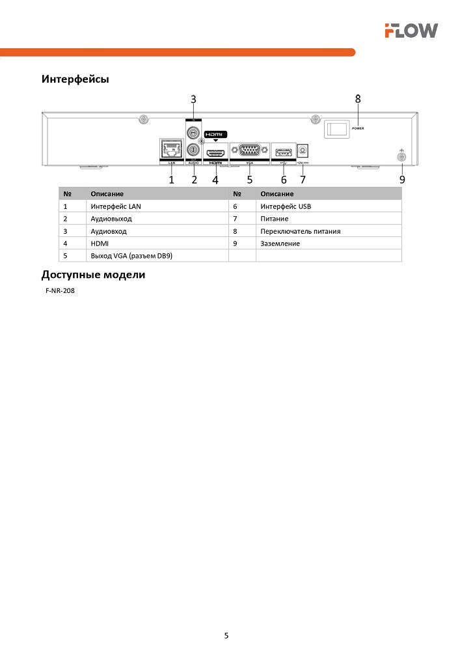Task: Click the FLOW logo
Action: [411, 30]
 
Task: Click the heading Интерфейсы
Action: [75, 79]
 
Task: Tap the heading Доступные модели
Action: [93, 275]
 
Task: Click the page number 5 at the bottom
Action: [226, 635]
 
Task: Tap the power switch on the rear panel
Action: [336, 128]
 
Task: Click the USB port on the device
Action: [283, 152]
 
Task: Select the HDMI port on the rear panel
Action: [215, 154]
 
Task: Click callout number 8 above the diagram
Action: [358, 99]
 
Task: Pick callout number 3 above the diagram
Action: [193, 99]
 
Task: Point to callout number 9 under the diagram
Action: [402, 178]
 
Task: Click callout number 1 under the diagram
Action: [172, 179]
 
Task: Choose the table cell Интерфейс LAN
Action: [116, 206]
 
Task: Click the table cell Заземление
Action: [280, 243]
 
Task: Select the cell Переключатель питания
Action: [300, 231]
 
